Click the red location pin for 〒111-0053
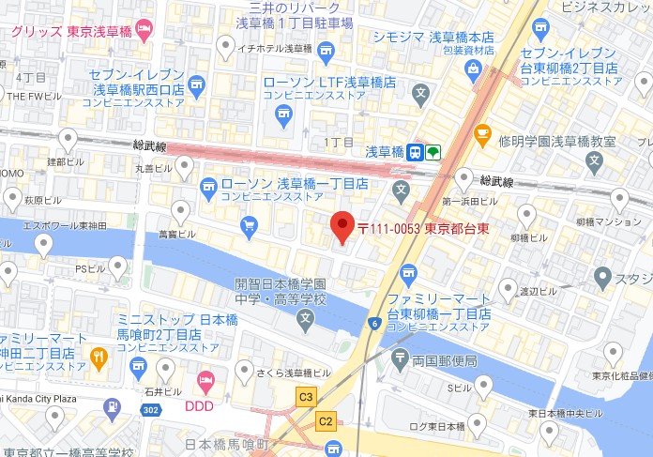point(342,228)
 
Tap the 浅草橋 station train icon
point(416,153)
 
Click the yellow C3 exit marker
point(306,397)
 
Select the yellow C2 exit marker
point(326,420)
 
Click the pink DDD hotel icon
point(205,380)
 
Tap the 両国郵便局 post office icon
point(402,359)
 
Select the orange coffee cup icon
point(482,135)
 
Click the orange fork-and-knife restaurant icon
point(98,356)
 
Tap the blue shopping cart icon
point(249,225)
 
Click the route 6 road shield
point(374,324)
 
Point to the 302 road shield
point(149,409)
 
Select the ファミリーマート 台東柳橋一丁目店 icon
point(407,274)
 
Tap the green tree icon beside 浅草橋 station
point(433,153)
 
